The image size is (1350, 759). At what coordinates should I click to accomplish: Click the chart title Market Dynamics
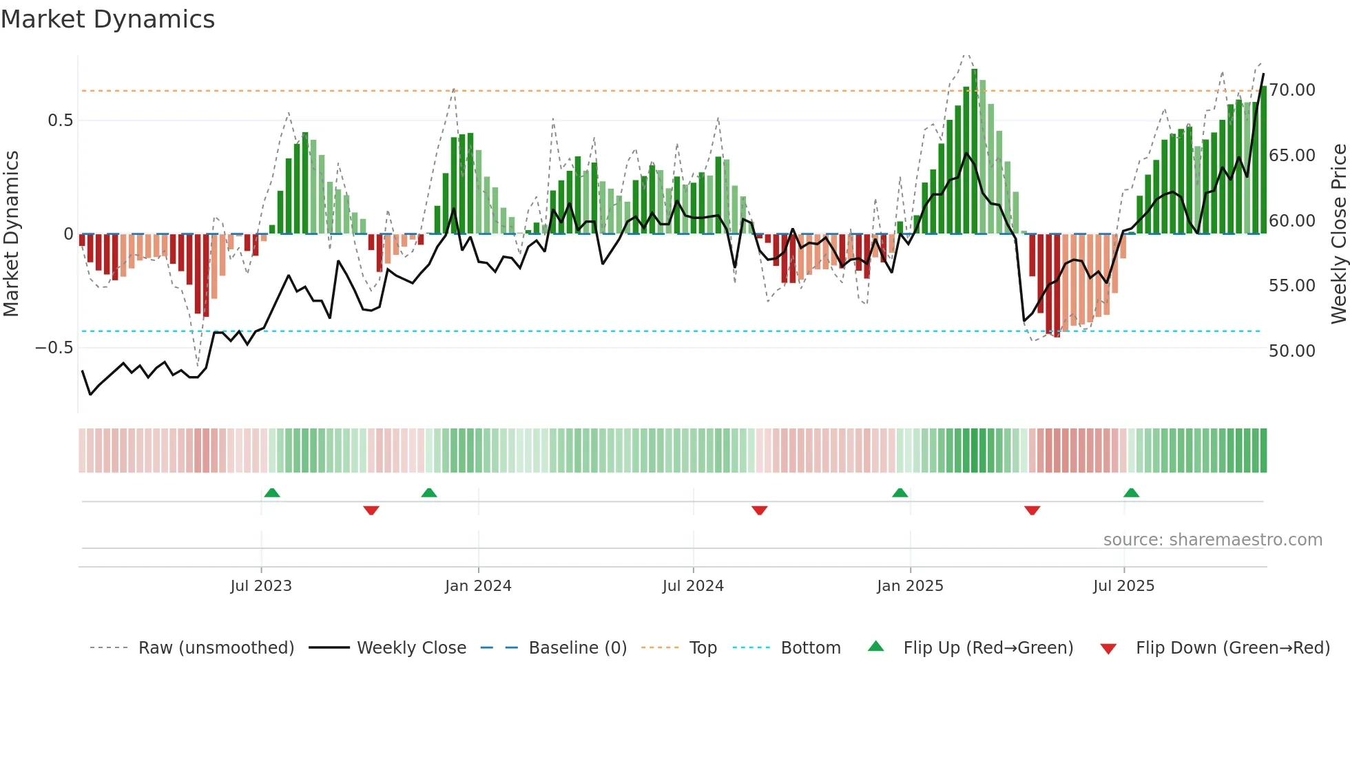pyautogui.click(x=107, y=19)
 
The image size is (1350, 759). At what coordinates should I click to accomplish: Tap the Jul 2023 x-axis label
pyautogui.click(x=261, y=586)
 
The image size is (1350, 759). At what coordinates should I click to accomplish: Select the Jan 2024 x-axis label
pyautogui.click(x=478, y=586)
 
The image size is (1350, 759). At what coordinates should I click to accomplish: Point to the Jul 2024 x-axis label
pyautogui.click(x=693, y=586)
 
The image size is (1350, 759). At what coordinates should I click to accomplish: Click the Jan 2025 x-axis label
pyautogui.click(x=910, y=586)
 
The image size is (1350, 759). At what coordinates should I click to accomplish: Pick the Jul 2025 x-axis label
pyautogui.click(x=1123, y=586)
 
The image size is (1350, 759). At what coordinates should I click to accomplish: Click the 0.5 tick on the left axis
pyautogui.click(x=60, y=121)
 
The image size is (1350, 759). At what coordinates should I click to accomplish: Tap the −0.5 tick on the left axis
pyautogui.click(x=54, y=348)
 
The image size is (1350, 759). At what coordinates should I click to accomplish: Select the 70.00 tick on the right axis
pyautogui.click(x=1292, y=90)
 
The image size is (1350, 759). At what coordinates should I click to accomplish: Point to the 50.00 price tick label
pyautogui.click(x=1292, y=351)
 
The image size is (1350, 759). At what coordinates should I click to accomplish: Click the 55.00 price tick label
pyautogui.click(x=1292, y=286)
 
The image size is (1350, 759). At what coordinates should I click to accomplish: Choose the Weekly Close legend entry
pyautogui.click(x=411, y=648)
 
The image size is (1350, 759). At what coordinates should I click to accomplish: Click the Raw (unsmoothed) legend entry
pyautogui.click(x=216, y=648)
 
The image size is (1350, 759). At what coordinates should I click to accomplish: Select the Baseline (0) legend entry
pyautogui.click(x=577, y=648)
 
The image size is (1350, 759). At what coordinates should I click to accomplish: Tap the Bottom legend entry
pyautogui.click(x=811, y=648)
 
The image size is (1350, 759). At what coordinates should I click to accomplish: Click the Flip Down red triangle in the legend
pyautogui.click(x=1108, y=649)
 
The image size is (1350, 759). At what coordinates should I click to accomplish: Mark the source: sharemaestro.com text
pyautogui.click(x=1212, y=540)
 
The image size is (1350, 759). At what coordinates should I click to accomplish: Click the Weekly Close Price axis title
pyautogui.click(x=1338, y=233)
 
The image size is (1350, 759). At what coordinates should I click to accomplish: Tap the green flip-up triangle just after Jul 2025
pyautogui.click(x=1131, y=493)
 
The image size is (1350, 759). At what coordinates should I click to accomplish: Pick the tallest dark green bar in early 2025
pyautogui.click(x=974, y=152)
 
